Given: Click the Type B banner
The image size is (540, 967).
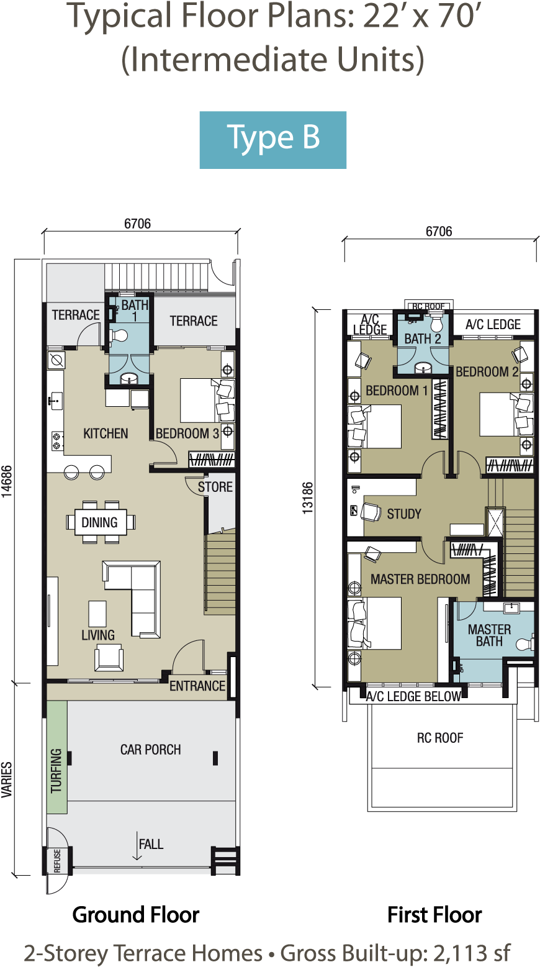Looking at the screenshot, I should (272, 140).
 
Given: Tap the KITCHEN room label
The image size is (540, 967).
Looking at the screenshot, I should (106, 434).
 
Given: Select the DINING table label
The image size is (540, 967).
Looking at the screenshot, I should (99, 522).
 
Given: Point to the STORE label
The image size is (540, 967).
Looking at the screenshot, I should (215, 487).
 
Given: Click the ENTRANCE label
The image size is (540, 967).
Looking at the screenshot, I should (197, 686).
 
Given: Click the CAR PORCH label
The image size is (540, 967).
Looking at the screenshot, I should (150, 750).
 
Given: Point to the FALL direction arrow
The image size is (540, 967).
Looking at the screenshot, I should (137, 846).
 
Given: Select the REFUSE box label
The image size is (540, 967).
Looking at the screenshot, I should (58, 861).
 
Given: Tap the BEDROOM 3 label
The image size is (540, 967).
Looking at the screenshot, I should (187, 434).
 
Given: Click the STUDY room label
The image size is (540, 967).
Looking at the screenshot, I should (403, 514).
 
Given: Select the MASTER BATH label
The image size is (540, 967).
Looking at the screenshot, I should (489, 635).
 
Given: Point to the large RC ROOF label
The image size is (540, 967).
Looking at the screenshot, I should (440, 738).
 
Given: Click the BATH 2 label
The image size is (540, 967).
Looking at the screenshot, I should (423, 338).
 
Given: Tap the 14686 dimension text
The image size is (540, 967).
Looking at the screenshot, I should (7, 481).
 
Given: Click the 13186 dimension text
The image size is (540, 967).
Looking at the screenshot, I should (307, 497).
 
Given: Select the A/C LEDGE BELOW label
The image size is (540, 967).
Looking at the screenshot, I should (413, 696).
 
